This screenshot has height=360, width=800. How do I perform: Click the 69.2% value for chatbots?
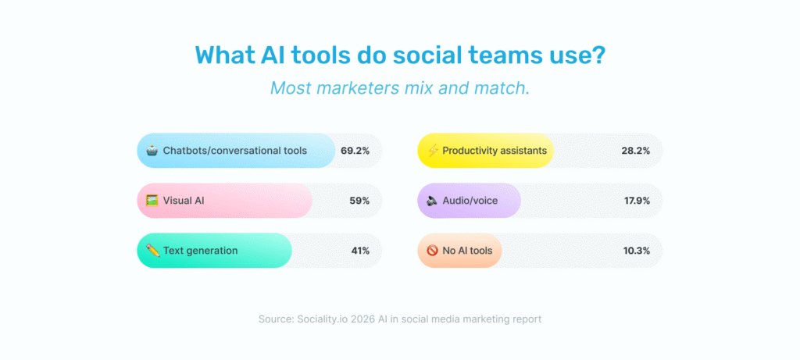[355, 151]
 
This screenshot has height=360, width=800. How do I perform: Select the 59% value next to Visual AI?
[359, 201]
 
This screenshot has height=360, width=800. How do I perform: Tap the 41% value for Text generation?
[360, 251]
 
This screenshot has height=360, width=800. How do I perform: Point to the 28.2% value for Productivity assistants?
[636, 151]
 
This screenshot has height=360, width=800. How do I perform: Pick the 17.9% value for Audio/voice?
[636, 201]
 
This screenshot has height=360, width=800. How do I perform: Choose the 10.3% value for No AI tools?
[636, 251]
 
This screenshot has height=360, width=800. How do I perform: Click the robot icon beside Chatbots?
[152, 150]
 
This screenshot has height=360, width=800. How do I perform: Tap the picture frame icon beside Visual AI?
[152, 201]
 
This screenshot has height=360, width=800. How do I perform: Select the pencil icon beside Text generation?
[152, 251]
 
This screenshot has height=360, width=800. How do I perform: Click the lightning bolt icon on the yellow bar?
[432, 150]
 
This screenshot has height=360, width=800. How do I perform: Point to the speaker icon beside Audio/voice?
[432, 201]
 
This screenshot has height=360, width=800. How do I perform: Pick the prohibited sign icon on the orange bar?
[432, 251]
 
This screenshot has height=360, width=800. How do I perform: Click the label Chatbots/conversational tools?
[234, 151]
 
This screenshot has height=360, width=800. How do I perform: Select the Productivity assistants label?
[494, 151]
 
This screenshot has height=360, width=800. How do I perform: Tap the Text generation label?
[200, 251]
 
